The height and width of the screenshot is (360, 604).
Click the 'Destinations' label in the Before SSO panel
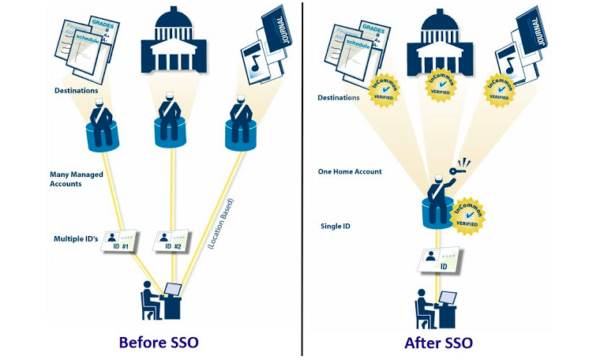point(76,91)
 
